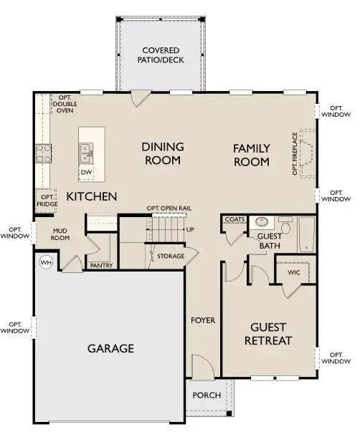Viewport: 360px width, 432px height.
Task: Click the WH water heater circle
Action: point(45,262)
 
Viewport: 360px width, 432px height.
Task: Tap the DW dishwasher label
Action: point(86,173)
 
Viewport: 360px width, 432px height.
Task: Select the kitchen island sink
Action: point(86,151)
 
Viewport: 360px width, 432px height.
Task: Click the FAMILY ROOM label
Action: point(251,155)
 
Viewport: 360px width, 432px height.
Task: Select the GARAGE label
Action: point(110,349)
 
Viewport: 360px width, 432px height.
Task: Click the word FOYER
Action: point(203,320)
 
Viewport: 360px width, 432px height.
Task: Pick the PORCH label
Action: point(206,395)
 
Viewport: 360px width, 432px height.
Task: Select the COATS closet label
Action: point(235,220)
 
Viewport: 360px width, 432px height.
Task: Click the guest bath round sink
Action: point(262,222)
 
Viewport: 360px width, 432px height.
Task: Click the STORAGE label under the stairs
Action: point(171,256)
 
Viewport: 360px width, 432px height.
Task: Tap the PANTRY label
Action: point(99,265)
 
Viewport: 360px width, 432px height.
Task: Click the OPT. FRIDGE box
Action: point(47,200)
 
